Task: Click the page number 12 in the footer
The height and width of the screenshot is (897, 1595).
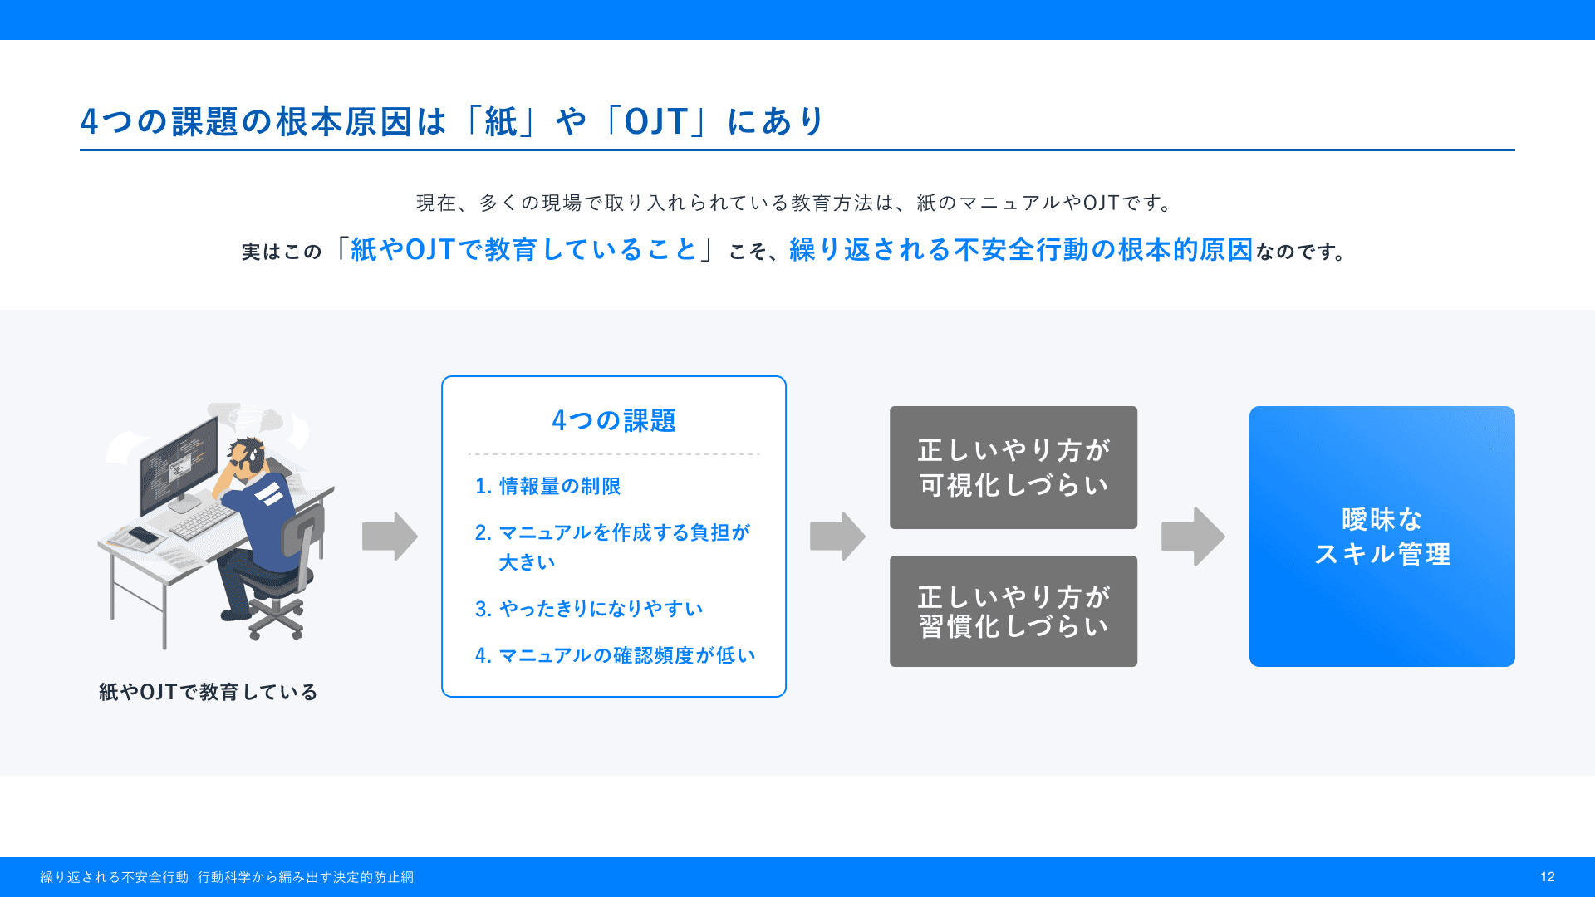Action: (x=1547, y=877)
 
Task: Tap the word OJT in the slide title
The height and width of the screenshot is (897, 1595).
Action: (x=656, y=121)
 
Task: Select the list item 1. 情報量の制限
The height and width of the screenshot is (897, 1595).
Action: (x=547, y=486)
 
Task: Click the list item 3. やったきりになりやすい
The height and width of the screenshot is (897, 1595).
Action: (x=589, y=609)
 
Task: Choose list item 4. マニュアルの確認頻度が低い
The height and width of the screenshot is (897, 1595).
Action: (x=616, y=655)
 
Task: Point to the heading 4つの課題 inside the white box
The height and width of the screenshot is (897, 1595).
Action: (x=614, y=420)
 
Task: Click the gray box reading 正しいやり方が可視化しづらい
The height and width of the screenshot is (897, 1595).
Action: (x=1013, y=468)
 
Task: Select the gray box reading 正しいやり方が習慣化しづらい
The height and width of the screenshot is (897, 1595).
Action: (x=1013, y=611)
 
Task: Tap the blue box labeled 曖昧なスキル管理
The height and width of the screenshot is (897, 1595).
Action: (x=1382, y=537)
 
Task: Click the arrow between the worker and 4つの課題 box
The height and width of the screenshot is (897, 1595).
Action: (x=390, y=537)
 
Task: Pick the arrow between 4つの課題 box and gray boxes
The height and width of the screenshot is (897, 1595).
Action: (x=837, y=537)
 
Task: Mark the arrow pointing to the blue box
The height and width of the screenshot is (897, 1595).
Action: (x=1193, y=537)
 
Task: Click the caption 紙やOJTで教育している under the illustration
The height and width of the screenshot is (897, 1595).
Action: (x=208, y=692)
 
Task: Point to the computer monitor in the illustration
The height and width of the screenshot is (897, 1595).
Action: (x=179, y=461)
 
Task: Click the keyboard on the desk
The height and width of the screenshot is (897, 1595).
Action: (x=204, y=520)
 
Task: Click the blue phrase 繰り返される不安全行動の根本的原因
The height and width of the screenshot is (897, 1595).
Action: (x=1021, y=249)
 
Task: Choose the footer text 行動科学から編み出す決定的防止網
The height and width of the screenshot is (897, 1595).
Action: (x=306, y=877)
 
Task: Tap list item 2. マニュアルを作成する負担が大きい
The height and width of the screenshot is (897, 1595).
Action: (x=613, y=547)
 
